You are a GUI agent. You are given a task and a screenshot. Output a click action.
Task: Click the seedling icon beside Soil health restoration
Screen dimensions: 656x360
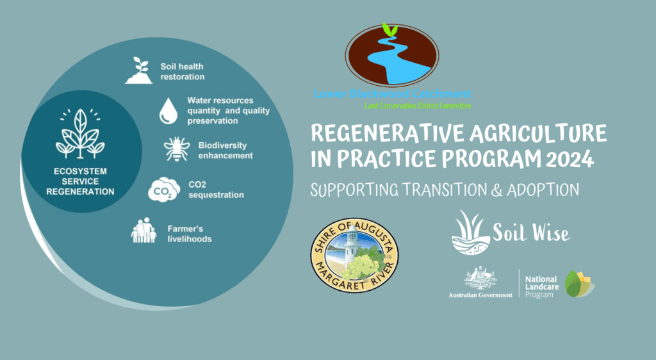click(x=139, y=70)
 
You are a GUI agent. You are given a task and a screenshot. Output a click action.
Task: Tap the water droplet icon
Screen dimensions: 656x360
click(x=168, y=111)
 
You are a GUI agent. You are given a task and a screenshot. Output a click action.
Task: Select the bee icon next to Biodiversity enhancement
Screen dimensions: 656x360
click(x=177, y=149)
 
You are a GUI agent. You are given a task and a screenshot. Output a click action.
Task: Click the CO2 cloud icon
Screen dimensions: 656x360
click(x=164, y=190)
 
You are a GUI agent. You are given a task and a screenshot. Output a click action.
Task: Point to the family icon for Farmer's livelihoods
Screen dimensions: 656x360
click(x=143, y=230)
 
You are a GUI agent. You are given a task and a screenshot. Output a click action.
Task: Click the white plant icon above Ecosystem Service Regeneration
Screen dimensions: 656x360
click(x=80, y=133)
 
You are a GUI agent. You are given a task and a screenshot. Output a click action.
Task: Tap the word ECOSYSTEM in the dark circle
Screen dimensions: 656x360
click(x=80, y=172)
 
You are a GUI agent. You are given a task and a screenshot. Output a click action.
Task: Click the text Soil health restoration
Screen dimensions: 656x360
click(x=183, y=72)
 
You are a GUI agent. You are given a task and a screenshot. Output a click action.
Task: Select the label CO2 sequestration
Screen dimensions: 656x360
click(x=216, y=190)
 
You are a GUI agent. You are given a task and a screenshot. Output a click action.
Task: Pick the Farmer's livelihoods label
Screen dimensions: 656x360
click(x=190, y=234)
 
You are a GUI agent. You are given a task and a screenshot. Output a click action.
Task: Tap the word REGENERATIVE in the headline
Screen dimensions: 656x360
click(x=388, y=134)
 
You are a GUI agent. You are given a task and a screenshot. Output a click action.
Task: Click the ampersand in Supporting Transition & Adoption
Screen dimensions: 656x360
click(x=496, y=190)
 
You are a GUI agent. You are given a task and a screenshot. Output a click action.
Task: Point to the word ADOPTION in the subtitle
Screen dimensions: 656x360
click(x=543, y=190)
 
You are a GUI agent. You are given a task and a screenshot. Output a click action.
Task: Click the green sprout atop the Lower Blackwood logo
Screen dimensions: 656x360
click(x=390, y=30)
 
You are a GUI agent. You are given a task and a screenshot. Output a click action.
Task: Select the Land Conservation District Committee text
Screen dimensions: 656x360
click(x=418, y=106)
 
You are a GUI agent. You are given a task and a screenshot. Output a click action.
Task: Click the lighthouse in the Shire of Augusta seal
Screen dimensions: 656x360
click(x=352, y=247)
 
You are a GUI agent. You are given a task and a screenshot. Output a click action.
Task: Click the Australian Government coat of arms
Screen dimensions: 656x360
click(x=480, y=277)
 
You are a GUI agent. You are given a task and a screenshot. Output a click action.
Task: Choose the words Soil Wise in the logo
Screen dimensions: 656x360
click(x=531, y=233)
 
